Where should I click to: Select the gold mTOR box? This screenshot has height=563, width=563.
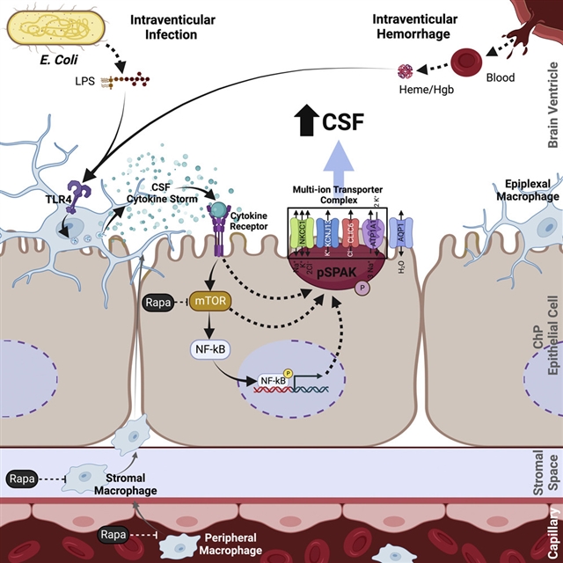point(214,302)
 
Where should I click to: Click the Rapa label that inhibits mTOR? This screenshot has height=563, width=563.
point(159,303)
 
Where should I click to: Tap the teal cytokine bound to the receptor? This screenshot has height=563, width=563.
point(218,208)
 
